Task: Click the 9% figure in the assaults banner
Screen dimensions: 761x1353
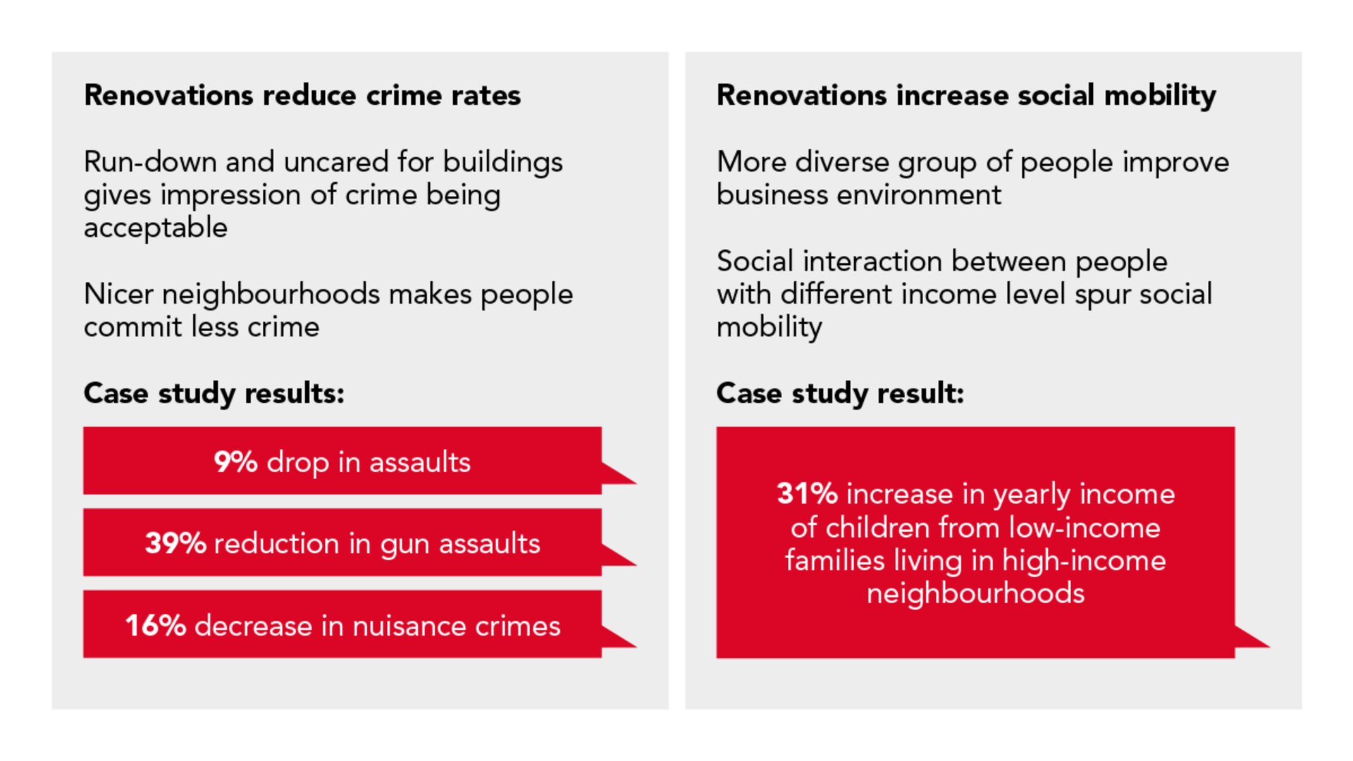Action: [235, 462]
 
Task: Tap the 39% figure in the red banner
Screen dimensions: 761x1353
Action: [175, 543]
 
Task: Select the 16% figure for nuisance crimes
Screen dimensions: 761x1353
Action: [155, 626]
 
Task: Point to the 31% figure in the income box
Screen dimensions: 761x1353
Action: [807, 494]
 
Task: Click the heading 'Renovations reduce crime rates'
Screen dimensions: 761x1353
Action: [302, 95]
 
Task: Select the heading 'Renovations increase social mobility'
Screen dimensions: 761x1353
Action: [966, 95]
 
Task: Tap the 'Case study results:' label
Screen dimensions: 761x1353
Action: [214, 393]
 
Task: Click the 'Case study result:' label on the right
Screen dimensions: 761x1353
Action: [840, 393]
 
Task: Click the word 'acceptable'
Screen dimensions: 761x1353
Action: [156, 228]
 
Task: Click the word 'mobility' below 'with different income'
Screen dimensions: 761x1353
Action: [770, 328]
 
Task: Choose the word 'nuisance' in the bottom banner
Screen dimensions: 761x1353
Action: [409, 626]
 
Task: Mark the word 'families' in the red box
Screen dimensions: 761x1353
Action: [834, 561]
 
